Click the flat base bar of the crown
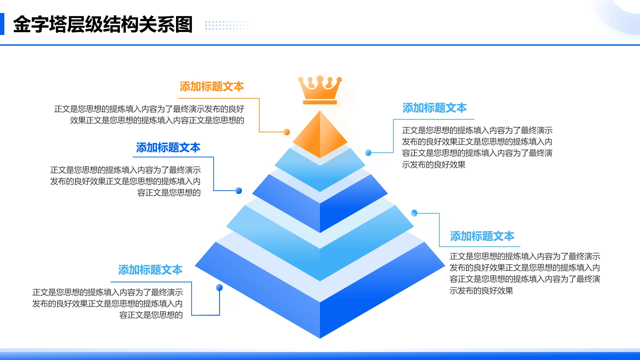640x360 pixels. pos(320,102)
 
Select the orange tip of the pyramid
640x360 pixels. pos(320,135)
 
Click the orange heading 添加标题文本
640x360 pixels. pos(212,87)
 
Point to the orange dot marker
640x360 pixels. pos(287,132)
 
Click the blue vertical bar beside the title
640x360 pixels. pos(2,24)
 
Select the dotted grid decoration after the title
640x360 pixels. pos(228,25)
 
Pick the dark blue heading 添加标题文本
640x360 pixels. pos(168,148)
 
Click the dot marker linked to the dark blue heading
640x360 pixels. pos(239,191)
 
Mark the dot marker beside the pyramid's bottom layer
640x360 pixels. pos(219,287)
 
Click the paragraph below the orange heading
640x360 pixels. pos(149,115)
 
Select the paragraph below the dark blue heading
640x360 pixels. pos(125,181)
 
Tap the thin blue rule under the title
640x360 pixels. pos(320,45)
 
